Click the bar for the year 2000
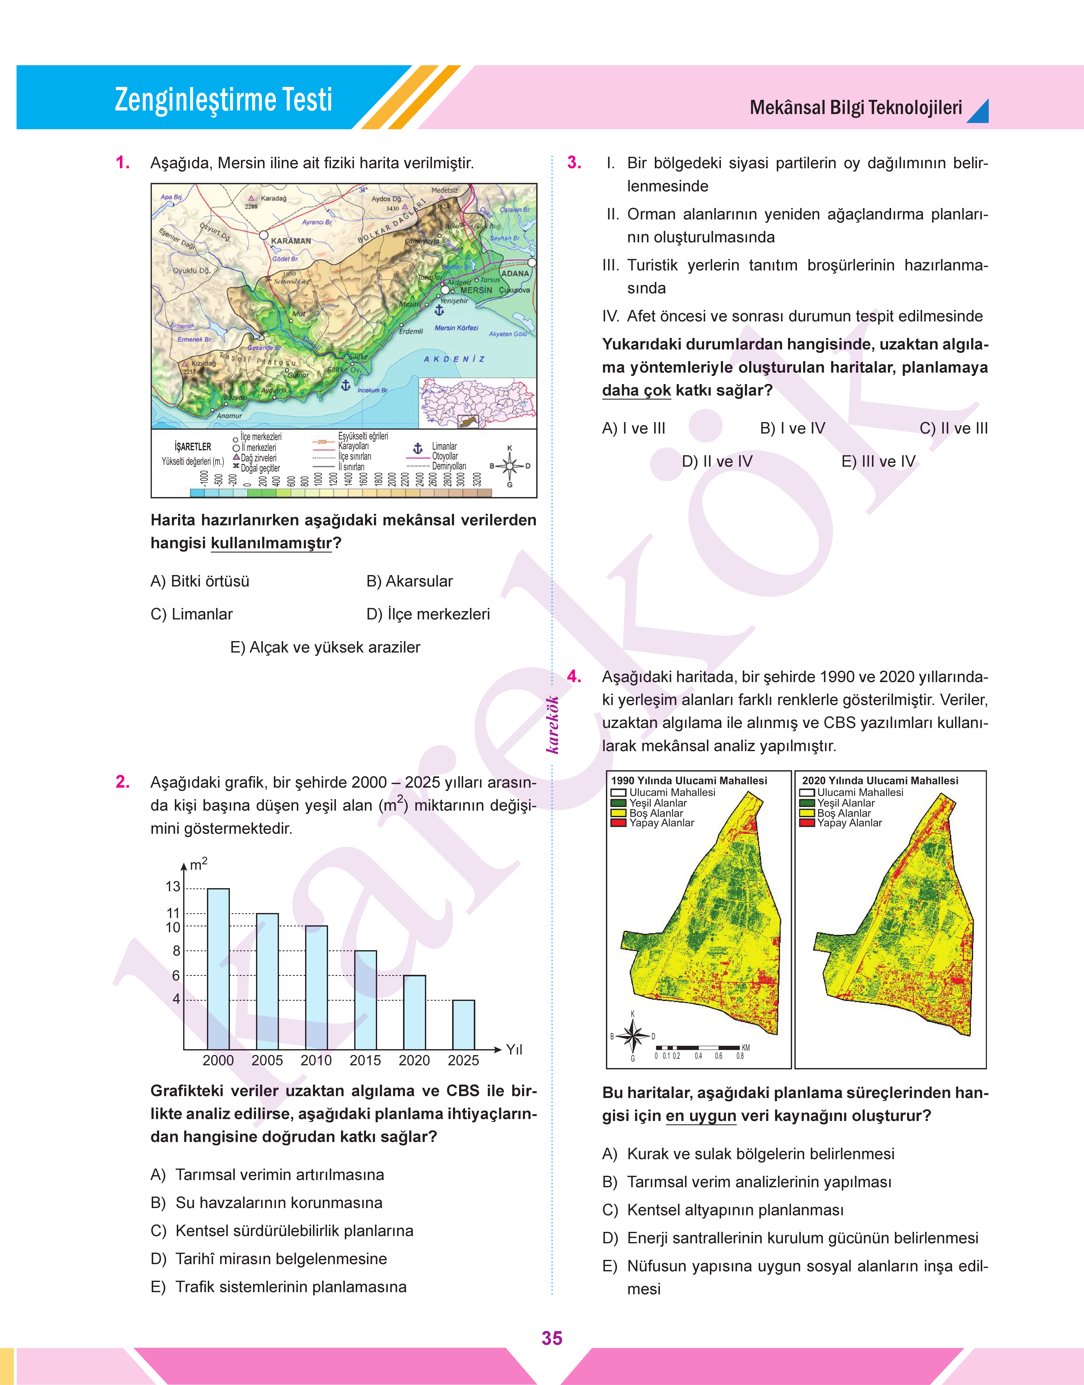coord(218,969)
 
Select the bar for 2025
coord(463,1025)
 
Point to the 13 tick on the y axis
coord(173,887)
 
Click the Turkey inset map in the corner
coord(477,403)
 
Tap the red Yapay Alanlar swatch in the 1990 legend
coord(618,823)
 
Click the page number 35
coord(552,1338)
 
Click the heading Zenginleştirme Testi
coord(223,100)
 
